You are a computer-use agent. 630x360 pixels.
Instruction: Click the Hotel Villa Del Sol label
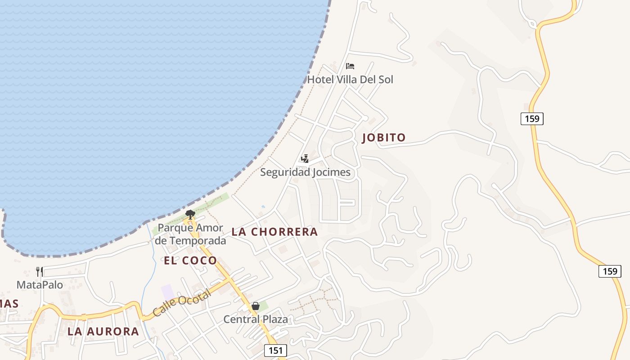coord(350,80)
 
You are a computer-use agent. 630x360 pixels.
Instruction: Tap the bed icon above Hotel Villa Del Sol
coord(350,66)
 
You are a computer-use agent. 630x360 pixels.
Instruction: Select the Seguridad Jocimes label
coord(305,172)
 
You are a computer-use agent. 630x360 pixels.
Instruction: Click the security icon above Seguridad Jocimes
coord(305,158)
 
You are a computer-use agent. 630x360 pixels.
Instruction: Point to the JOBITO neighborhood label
coord(384,138)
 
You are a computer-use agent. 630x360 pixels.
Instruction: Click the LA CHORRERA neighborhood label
coord(274,232)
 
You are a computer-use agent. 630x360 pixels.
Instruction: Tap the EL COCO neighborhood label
coord(190,260)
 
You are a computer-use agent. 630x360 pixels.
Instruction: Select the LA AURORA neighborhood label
coord(103,332)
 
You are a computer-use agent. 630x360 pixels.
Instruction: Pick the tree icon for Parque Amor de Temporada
coord(190,214)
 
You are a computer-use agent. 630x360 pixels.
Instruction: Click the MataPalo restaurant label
coord(40,285)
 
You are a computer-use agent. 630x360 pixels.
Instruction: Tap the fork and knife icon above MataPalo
coord(40,271)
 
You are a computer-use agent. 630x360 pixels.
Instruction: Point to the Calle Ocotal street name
coord(181,303)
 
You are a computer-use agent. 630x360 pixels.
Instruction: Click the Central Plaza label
coord(256,319)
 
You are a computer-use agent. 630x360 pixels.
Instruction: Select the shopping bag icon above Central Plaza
coord(256,306)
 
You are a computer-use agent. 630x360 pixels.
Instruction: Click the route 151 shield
coord(275,351)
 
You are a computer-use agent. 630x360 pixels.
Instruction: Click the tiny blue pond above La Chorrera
coord(263,207)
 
